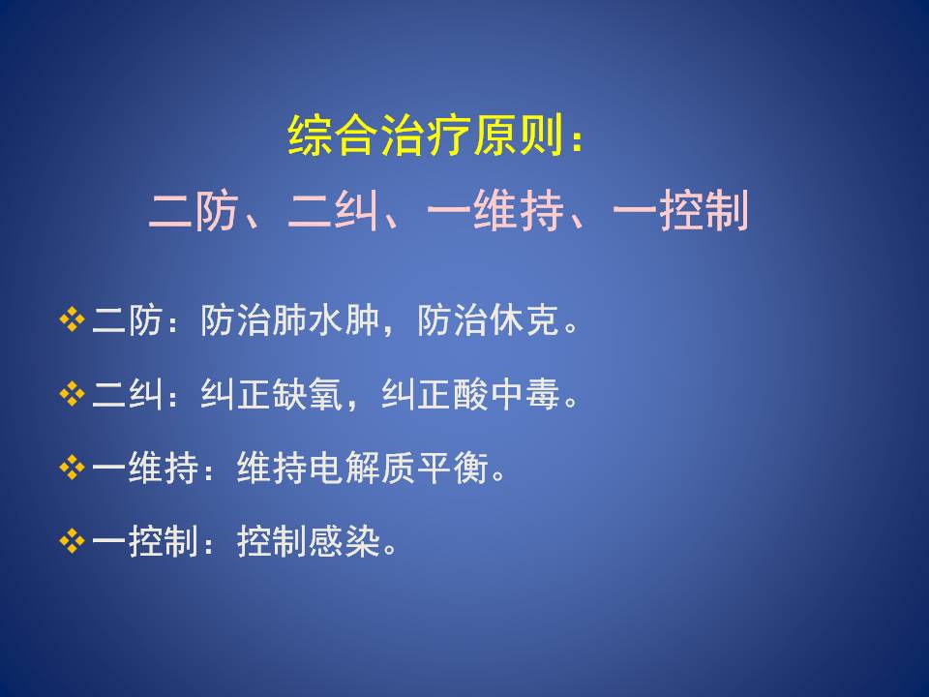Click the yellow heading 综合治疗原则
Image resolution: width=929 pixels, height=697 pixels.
424,136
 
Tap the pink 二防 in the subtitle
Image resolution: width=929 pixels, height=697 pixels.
194,210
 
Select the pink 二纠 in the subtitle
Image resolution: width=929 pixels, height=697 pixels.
332,210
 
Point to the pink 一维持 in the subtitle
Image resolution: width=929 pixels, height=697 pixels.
494,210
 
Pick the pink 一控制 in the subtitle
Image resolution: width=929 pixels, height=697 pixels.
680,210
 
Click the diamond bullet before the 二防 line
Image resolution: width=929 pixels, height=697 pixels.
72,320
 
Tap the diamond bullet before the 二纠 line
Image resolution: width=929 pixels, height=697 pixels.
72,394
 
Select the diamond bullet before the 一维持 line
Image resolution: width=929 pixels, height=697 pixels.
72,469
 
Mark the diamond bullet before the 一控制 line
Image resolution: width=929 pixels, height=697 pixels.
72,542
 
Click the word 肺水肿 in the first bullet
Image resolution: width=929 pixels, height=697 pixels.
326,320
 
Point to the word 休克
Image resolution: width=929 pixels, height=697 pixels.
524,320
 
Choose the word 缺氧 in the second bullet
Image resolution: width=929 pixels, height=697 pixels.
308,394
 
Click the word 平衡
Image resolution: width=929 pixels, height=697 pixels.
452,469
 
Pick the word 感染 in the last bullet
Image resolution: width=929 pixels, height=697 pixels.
344,542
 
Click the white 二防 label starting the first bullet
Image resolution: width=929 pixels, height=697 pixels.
127,320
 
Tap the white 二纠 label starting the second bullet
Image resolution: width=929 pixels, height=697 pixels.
127,394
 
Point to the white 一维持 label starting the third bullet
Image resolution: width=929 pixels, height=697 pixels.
145,469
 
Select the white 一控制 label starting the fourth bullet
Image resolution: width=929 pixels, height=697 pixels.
145,542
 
